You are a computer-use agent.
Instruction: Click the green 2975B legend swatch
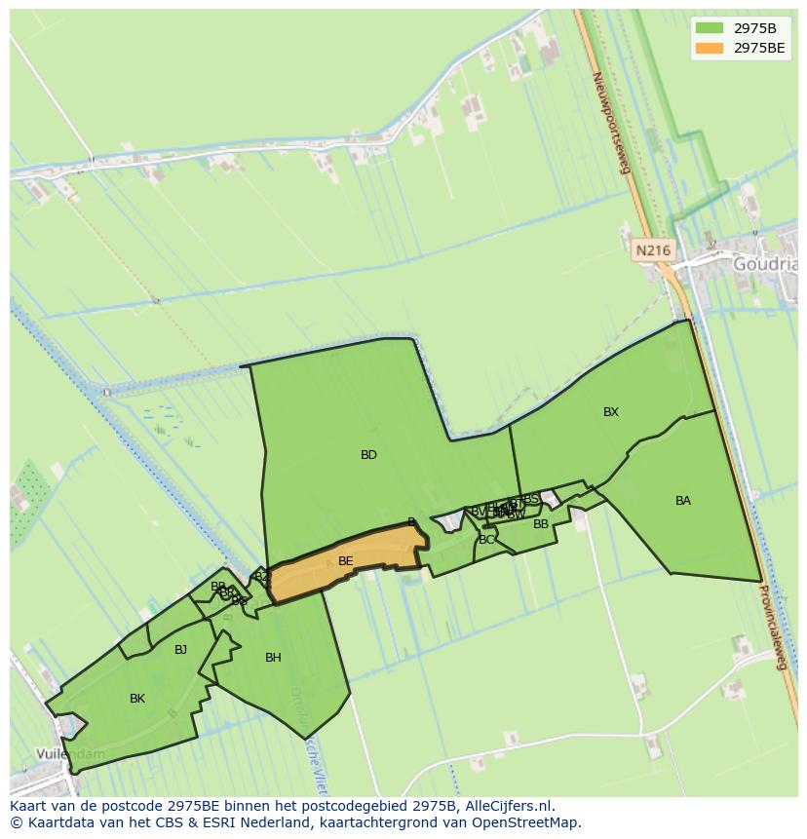coord(710,27)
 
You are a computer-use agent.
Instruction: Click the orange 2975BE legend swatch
coord(710,47)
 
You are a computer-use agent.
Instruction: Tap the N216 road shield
coord(652,250)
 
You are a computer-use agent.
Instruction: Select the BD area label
coord(368,455)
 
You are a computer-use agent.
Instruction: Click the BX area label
coord(611,412)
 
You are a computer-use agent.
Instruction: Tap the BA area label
coord(683,501)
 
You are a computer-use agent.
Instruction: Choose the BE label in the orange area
coord(345,561)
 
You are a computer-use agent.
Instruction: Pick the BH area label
coord(273,658)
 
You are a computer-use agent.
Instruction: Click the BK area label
coord(137,699)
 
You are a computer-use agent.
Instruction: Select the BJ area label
coord(180,650)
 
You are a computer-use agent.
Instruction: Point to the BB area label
coord(541,524)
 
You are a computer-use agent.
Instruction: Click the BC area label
coord(486,540)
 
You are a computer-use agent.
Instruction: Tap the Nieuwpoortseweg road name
coord(611,122)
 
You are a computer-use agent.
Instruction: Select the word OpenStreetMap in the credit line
coord(526,822)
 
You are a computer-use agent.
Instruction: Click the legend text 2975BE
coord(759,47)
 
